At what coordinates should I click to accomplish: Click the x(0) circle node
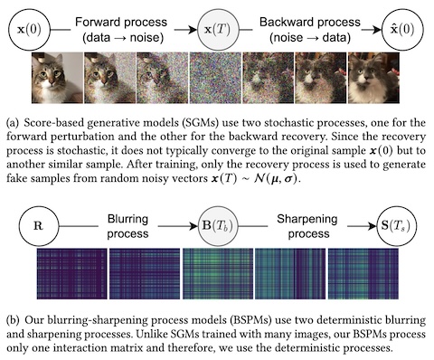pyautogui.click(x=29, y=30)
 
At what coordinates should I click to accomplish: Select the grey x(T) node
pyautogui.click(x=218, y=30)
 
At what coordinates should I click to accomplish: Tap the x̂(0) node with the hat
pyautogui.click(x=402, y=30)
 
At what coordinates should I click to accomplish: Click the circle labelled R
pyautogui.click(x=39, y=226)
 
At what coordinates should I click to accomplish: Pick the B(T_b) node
pyautogui.click(x=218, y=226)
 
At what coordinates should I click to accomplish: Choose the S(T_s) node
pyautogui.click(x=397, y=226)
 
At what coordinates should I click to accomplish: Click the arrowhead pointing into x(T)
pyautogui.click(x=193, y=30)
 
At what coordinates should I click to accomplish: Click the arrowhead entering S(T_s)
pyautogui.click(x=373, y=226)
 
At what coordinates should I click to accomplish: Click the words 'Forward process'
pyautogui.click(x=121, y=23)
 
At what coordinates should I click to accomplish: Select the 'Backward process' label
pyautogui.click(x=310, y=23)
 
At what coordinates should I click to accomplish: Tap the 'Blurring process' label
pyautogui.click(x=127, y=226)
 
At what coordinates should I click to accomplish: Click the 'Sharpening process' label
pyautogui.click(x=307, y=226)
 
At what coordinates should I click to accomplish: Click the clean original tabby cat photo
pyautogui.click(x=57, y=78)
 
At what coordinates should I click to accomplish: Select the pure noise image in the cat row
pyautogui.click(x=215, y=78)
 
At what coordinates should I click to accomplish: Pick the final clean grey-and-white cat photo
pyautogui.click(x=373, y=78)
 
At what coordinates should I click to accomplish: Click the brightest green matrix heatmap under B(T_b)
pyautogui.click(x=218, y=274)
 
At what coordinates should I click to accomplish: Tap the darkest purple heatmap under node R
pyautogui.click(x=71, y=274)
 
